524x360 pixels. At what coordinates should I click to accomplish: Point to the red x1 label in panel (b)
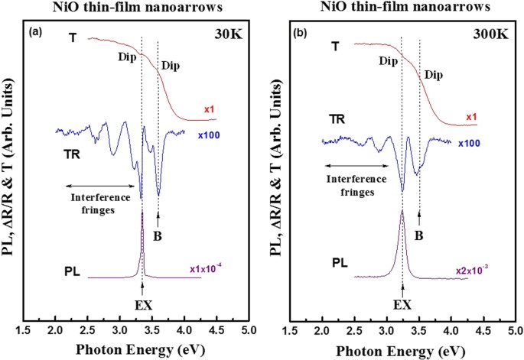pyautogui.click(x=472, y=117)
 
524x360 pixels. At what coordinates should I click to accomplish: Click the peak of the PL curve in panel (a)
pyautogui.click(x=142, y=212)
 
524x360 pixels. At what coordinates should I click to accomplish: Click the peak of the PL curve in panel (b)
pyautogui.click(x=402, y=211)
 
